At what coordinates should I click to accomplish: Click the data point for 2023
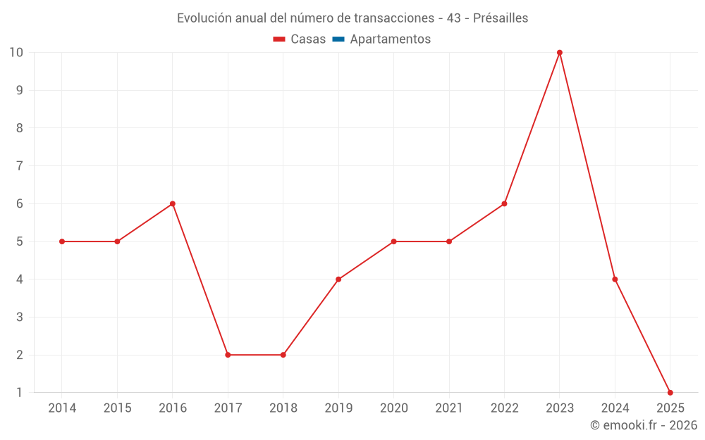(560, 53)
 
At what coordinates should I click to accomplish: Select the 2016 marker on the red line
(172, 203)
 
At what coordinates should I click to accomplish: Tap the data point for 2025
(670, 392)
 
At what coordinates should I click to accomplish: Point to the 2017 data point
(228, 355)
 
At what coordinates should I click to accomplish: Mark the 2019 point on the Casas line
(338, 279)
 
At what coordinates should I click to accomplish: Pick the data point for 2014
(62, 241)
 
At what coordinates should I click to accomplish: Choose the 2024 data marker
(615, 279)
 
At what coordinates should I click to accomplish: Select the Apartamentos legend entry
(390, 39)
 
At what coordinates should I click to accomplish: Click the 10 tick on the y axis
(16, 53)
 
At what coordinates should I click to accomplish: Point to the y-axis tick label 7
(20, 166)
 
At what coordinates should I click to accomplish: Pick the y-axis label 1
(20, 392)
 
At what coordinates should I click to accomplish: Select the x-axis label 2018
(283, 408)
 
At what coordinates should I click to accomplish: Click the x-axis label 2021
(449, 408)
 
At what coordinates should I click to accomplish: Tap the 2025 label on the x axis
(670, 408)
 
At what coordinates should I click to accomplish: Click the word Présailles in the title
(501, 18)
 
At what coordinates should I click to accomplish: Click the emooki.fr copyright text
(644, 425)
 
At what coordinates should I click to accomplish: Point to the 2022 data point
(504, 203)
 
